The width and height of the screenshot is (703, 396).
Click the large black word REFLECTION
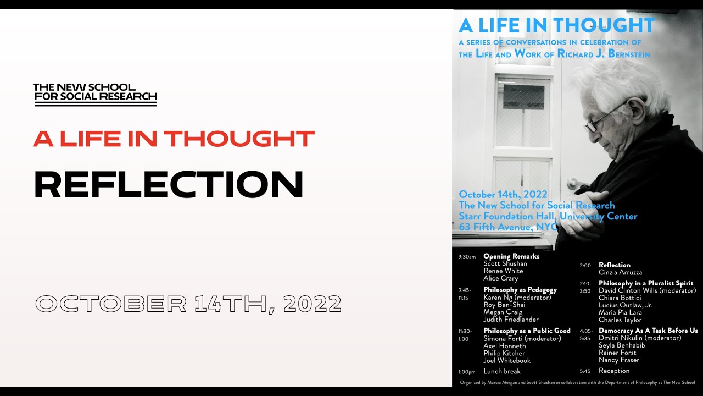169,185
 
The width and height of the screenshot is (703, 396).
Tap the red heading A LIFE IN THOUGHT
174,139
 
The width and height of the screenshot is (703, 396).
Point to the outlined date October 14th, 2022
188,304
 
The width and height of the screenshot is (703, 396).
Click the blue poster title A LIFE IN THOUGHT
556,25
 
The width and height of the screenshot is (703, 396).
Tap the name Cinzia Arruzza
620,272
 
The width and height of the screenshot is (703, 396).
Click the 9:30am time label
467,257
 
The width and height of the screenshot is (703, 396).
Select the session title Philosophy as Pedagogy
520,289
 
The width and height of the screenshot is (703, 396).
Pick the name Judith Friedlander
511,320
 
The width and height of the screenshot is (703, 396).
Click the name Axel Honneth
504,346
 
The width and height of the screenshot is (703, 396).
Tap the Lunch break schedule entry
501,371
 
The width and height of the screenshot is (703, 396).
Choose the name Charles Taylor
620,320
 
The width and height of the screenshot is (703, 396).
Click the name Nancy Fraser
619,360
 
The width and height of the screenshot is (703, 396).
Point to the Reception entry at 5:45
614,371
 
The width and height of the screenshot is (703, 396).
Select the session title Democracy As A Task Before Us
648,331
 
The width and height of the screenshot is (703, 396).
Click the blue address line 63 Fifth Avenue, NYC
508,227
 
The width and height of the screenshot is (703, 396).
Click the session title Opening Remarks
511,256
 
